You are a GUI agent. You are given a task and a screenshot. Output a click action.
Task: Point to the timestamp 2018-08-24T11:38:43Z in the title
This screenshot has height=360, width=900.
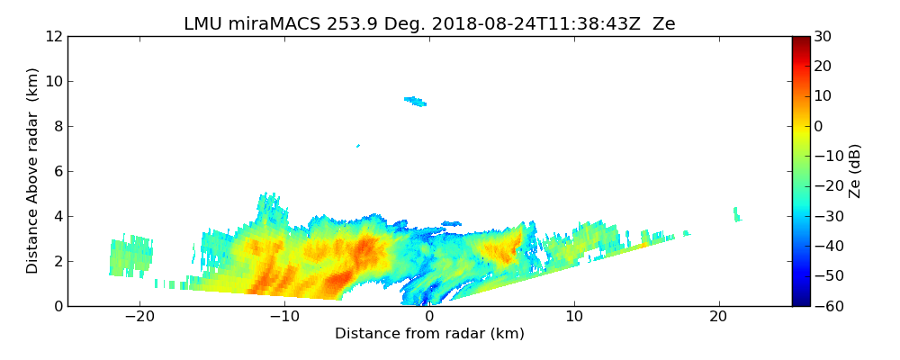[524, 24]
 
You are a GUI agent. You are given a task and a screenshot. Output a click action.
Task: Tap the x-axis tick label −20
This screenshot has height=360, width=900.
[139, 317]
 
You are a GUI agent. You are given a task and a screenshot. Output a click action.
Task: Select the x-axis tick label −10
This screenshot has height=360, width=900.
[283, 317]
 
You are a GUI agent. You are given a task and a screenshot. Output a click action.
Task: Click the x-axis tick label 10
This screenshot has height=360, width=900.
[574, 317]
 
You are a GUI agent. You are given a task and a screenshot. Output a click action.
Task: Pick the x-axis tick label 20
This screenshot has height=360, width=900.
[718, 317]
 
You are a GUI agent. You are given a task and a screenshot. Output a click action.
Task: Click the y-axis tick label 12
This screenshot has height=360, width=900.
[53, 36]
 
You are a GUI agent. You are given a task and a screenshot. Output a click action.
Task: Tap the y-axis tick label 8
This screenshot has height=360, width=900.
[57, 126]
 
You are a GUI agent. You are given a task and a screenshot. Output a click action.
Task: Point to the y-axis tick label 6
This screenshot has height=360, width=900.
[57, 171]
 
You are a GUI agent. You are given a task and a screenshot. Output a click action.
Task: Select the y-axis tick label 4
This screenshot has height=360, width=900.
[57, 216]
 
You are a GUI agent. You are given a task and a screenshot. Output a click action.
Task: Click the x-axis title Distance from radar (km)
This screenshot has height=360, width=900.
[429, 334]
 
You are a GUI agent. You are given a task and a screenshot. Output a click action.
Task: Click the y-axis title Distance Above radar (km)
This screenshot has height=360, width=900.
[33, 170]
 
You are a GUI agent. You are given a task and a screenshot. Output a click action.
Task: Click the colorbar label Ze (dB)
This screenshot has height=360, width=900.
[855, 170]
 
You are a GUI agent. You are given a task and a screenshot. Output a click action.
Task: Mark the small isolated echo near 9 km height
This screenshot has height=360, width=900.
[416, 101]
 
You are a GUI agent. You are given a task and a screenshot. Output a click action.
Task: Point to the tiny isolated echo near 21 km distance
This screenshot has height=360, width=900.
[736, 214]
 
